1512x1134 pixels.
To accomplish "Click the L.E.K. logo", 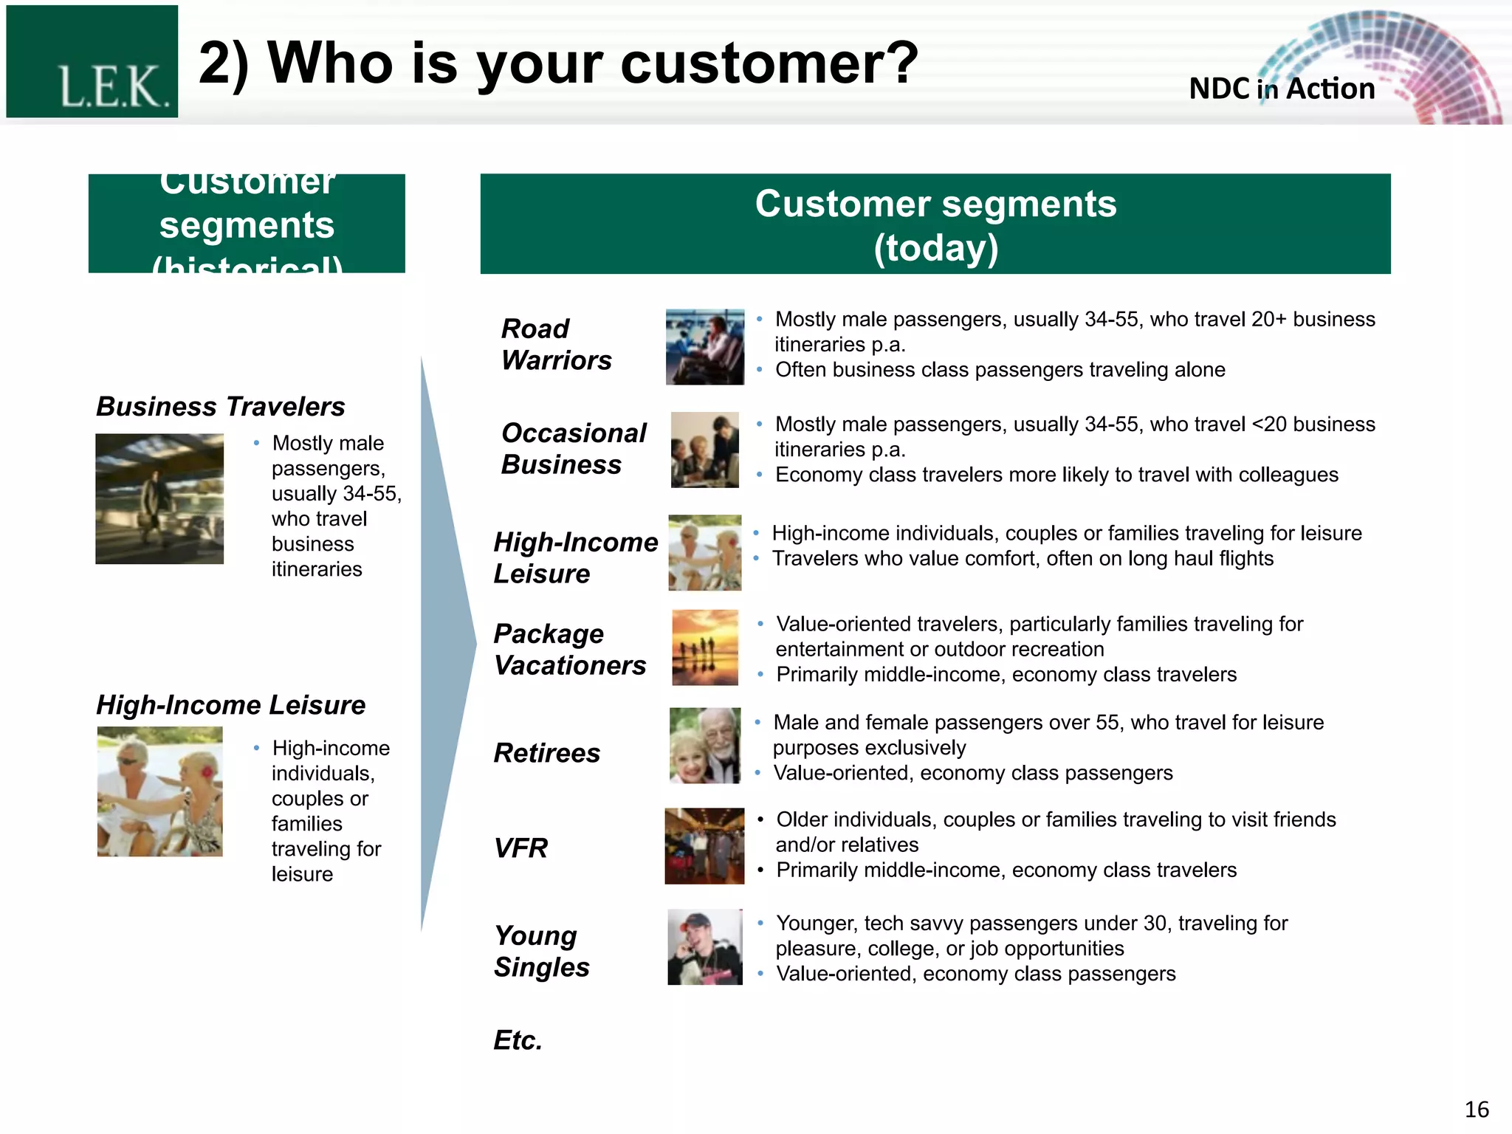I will [92, 62].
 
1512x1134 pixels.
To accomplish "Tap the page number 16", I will [1476, 1109].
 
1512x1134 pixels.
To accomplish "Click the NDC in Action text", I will [1282, 89].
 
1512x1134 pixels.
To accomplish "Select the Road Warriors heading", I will [556, 344].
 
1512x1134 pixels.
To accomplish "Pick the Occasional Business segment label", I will [573, 448].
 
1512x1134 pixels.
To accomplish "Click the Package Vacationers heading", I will [569, 649].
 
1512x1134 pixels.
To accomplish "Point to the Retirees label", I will [546, 752].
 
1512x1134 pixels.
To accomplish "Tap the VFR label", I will [520, 848].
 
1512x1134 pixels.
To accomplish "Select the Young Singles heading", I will [541, 951].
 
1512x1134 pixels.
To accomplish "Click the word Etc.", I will [518, 1039].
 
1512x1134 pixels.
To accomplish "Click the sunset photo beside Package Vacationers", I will [705, 647].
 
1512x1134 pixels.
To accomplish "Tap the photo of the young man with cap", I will [704, 946].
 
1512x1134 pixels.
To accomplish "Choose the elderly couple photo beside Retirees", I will [704, 745].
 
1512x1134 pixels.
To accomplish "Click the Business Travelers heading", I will [221, 406].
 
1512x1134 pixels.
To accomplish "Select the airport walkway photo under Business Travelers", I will [159, 498].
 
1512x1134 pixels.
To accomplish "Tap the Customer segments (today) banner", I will [935, 224].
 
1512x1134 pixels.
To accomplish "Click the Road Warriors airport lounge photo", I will [704, 346].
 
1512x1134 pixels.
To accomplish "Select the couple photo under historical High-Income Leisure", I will [159, 791].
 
